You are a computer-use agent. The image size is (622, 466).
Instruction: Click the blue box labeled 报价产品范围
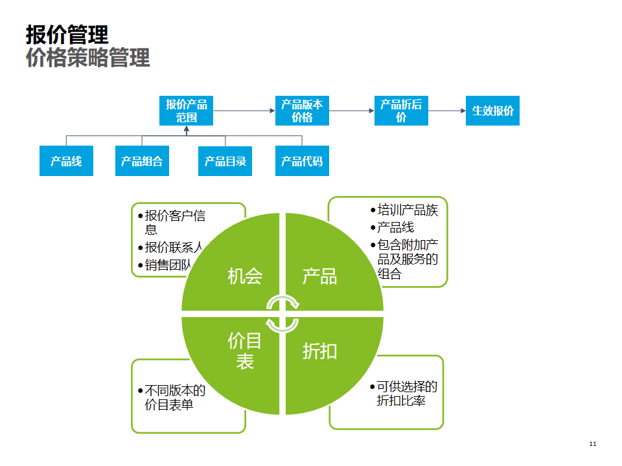(186, 111)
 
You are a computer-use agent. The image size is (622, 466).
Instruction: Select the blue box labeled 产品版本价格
(302, 111)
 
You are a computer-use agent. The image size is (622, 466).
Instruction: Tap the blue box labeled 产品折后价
(401, 111)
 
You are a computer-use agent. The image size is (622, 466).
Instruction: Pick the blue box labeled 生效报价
(492, 111)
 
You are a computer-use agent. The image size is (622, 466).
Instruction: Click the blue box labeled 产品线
(66, 161)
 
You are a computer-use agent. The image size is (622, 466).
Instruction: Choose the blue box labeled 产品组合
(142, 161)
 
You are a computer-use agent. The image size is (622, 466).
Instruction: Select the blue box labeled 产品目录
(225, 161)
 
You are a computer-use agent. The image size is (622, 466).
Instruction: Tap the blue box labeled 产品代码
(302, 161)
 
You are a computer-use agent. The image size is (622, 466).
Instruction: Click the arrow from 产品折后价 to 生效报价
(447, 111)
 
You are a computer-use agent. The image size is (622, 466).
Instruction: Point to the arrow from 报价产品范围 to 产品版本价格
(244, 111)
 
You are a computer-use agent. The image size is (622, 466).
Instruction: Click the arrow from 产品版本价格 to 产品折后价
(352, 111)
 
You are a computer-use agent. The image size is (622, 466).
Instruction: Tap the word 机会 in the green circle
(245, 276)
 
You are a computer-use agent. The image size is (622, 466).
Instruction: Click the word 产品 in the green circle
(319, 276)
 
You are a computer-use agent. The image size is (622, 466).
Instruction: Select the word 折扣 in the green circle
(319, 351)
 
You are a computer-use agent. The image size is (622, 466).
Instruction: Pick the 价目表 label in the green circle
(245, 351)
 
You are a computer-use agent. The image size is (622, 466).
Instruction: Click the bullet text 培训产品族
(408, 210)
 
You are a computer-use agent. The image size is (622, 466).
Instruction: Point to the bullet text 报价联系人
(174, 247)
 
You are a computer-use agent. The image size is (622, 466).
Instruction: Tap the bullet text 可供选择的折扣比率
(407, 394)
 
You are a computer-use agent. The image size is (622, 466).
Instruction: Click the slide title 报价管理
(67, 34)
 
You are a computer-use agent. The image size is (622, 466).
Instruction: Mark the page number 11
(592, 444)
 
